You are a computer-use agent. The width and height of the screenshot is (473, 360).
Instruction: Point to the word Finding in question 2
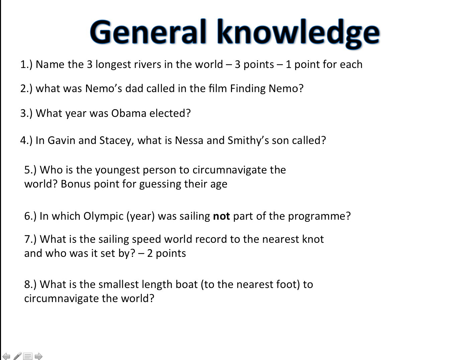tap(248, 89)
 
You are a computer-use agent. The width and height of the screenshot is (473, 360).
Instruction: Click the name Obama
tap(129, 113)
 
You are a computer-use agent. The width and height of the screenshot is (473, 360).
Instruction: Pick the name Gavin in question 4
tap(61, 140)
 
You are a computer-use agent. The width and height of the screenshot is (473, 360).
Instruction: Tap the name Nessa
tap(189, 140)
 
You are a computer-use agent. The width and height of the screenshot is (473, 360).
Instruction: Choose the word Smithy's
tap(248, 141)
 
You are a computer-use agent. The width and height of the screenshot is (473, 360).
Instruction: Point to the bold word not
tap(221, 216)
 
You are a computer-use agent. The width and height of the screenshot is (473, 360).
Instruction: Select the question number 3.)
tap(26, 114)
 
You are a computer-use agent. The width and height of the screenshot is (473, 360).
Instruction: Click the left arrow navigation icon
tap(6, 356)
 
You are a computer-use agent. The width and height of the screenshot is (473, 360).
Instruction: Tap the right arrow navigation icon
tap(38, 356)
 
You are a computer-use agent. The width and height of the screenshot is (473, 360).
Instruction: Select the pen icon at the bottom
tap(17, 356)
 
